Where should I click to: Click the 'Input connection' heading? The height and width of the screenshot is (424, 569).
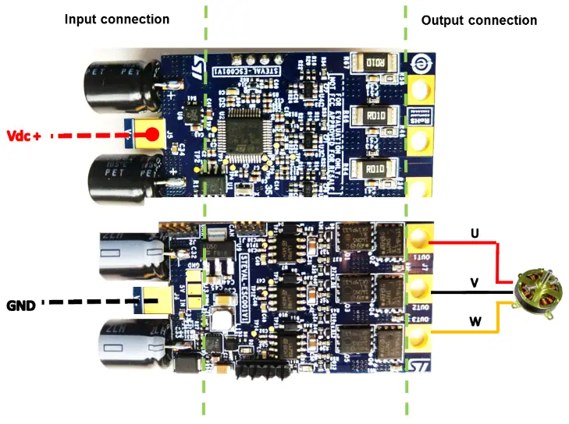point(116,18)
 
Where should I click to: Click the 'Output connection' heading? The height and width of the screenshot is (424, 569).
point(479,20)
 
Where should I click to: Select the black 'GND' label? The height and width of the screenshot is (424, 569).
point(20,306)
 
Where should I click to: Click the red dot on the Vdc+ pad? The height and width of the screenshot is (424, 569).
point(148,135)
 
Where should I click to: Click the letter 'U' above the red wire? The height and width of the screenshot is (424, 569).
point(474,232)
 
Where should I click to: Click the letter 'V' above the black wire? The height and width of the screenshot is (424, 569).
point(474,282)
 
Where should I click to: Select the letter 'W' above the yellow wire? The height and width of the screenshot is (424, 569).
point(475,321)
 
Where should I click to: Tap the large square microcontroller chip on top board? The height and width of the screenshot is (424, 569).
point(244,133)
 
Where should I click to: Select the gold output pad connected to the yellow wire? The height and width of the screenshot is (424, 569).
point(419,337)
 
